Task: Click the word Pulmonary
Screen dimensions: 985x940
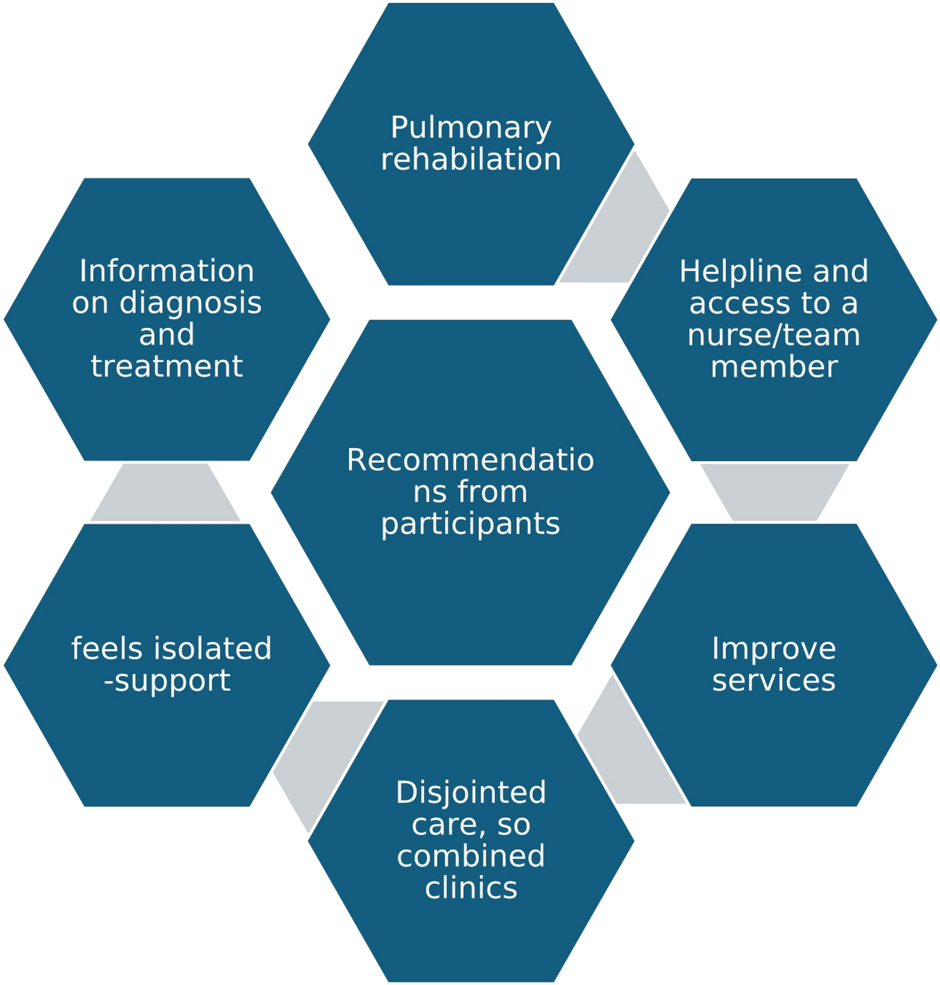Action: pos(471,129)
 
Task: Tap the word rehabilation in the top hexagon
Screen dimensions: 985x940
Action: pos(471,159)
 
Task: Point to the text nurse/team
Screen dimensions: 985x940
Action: pos(773,335)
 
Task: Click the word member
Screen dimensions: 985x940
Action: pos(773,366)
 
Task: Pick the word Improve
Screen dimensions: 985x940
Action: pos(773,649)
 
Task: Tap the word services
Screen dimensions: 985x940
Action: pos(773,680)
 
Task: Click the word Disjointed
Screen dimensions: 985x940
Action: pos(471,793)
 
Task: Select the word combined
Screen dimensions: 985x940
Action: pos(471,856)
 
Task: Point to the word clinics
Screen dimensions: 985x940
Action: pos(471,888)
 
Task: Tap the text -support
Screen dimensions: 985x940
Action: pos(167,681)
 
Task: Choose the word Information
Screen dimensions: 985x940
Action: pos(167,271)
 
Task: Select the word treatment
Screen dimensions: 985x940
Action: pos(167,366)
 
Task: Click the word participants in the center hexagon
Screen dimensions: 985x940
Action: pos(470,524)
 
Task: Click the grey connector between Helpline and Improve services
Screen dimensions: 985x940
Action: pos(774,492)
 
